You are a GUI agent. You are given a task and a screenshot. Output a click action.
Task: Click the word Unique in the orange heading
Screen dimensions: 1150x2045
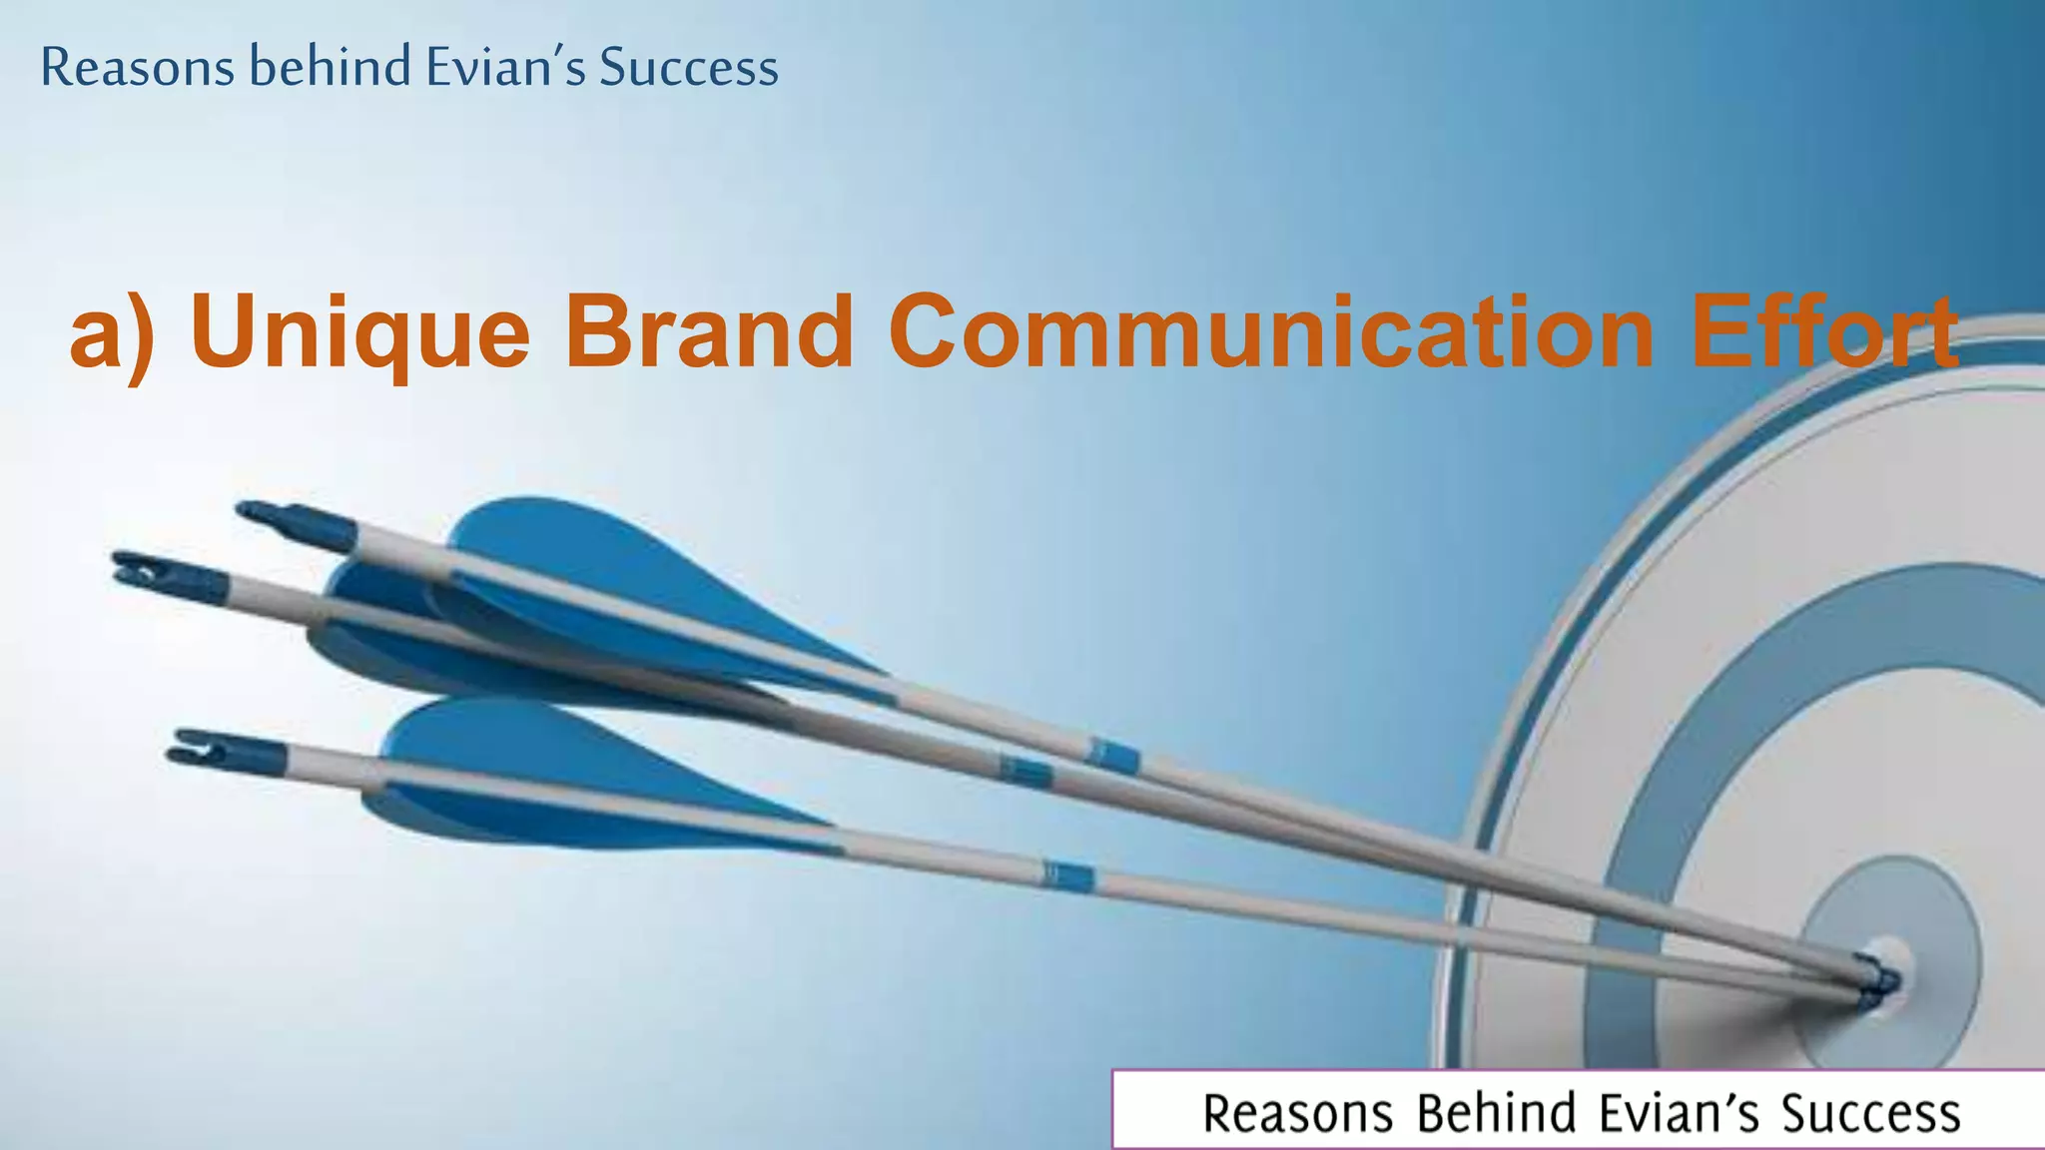coord(359,333)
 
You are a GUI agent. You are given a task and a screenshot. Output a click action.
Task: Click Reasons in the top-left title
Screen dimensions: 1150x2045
coord(138,68)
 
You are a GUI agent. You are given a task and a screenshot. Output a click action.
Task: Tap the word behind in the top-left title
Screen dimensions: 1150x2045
coord(331,68)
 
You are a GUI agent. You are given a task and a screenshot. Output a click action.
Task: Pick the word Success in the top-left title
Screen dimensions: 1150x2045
coord(688,68)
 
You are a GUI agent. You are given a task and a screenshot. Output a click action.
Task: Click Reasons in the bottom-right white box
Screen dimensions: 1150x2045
coord(1297,1113)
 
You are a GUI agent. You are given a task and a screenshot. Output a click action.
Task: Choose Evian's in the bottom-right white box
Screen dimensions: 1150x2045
coord(1678,1113)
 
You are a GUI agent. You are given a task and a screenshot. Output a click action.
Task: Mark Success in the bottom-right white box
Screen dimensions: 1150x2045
coord(1870,1113)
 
